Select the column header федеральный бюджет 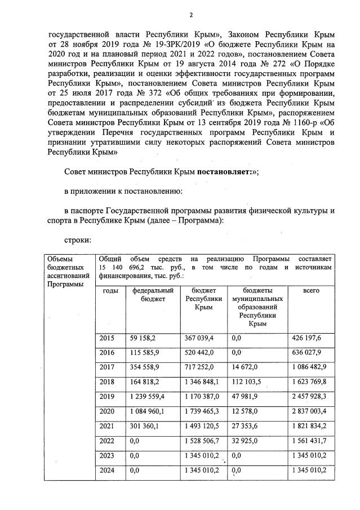pos(153,294)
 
